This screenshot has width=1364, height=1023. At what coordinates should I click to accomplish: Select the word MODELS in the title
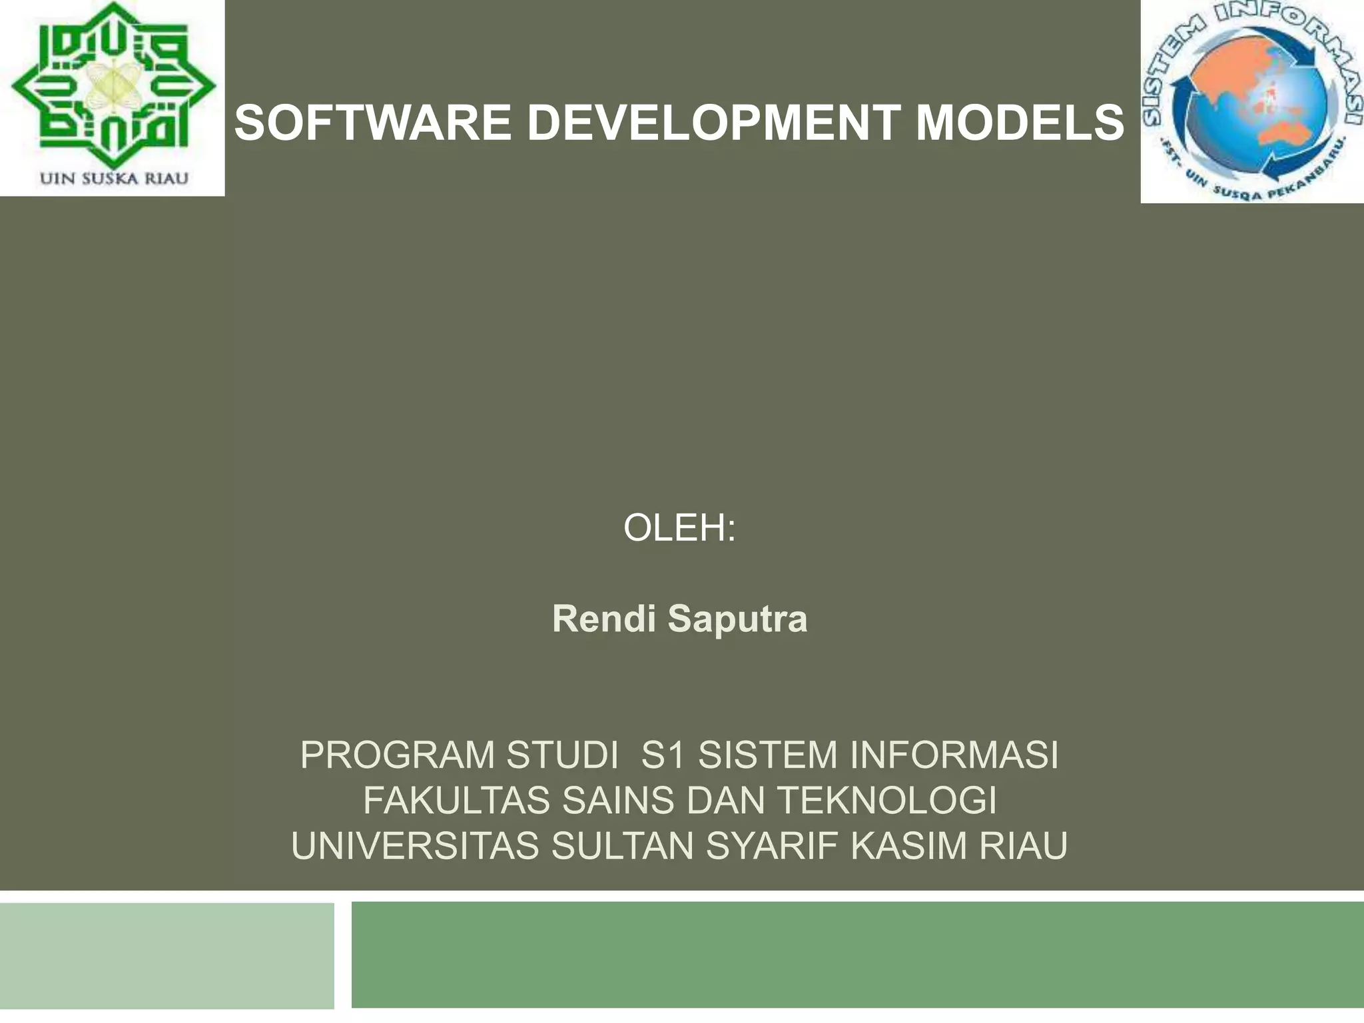(1020, 123)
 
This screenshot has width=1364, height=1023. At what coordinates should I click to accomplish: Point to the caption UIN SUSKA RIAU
(114, 178)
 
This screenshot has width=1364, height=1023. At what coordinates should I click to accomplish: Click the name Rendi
(604, 619)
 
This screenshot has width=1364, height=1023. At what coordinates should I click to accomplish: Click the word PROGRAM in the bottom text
(397, 755)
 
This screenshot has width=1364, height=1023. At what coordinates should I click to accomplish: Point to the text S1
(663, 755)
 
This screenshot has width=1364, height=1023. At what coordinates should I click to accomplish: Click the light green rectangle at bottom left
(167, 956)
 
